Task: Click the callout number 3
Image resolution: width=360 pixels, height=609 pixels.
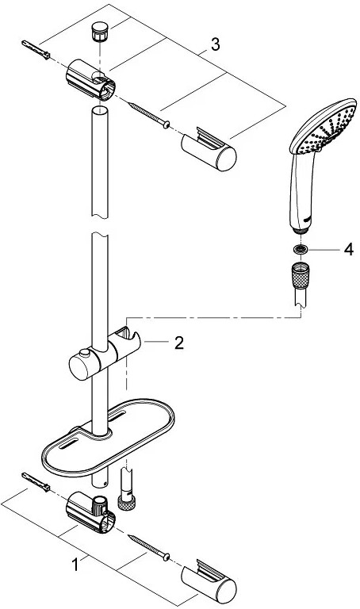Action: point(215,44)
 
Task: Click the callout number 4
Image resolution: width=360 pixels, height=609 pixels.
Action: point(349,249)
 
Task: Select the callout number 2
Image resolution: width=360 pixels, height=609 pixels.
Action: point(178,343)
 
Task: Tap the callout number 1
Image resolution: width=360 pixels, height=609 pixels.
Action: point(75,565)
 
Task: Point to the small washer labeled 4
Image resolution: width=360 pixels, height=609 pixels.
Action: point(301,249)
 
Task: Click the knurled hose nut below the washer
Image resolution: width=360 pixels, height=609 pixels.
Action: point(301,275)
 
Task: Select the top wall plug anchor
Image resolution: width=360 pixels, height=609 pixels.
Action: point(36,49)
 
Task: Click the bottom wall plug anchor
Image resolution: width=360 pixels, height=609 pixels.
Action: point(36,482)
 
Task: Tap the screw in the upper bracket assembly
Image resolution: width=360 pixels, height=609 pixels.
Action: point(149,114)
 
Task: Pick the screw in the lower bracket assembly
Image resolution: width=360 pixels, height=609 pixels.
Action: point(149,547)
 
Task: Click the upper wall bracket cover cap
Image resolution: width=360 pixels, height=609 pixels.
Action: point(209,149)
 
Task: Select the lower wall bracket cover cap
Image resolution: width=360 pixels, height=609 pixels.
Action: point(209,580)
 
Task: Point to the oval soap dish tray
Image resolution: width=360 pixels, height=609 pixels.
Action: point(108,436)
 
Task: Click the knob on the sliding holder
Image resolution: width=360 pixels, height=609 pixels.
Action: point(83,353)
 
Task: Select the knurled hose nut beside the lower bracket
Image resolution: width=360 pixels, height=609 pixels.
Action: point(127,503)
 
